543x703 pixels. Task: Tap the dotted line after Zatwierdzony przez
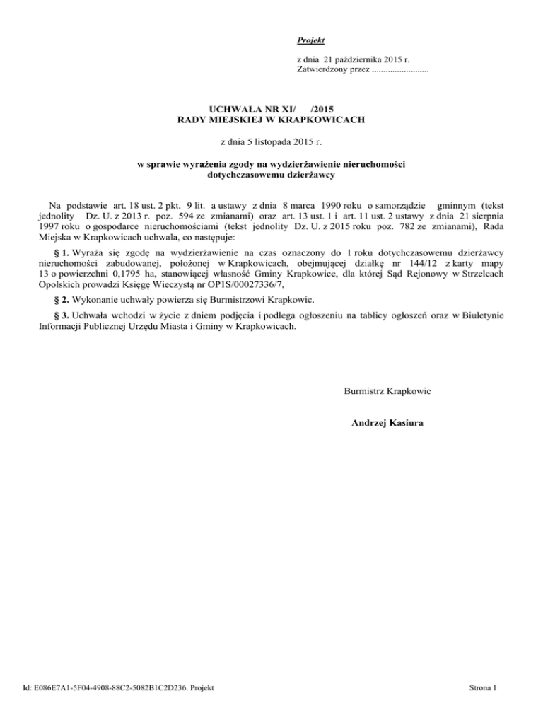click(399, 71)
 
